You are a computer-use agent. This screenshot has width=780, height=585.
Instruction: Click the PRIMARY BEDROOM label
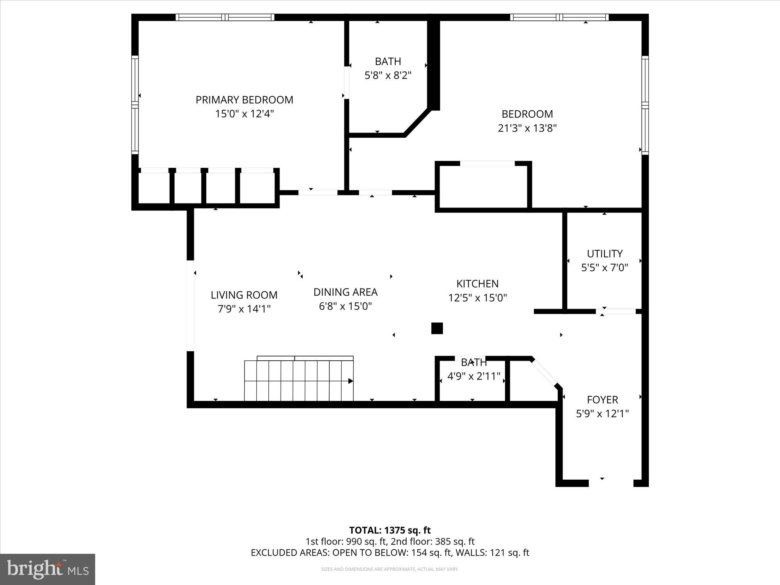[x=244, y=100]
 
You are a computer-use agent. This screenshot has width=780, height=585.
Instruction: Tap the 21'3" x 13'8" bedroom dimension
[x=527, y=128]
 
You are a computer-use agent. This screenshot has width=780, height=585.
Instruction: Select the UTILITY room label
[x=604, y=253]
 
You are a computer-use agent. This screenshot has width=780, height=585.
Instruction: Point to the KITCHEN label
[x=477, y=284]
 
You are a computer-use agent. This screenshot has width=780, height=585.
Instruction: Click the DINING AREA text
[x=346, y=292]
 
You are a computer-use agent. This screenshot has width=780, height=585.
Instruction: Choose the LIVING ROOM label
[x=244, y=295]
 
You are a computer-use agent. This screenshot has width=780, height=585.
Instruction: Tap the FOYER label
[x=603, y=400]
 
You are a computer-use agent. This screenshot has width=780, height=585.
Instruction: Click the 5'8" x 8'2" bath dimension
[x=388, y=75]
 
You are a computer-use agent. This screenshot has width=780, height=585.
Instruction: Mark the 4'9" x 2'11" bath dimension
[x=474, y=376]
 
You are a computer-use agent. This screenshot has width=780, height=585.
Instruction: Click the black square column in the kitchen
[x=437, y=328]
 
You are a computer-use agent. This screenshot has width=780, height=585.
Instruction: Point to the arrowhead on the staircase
[x=351, y=381]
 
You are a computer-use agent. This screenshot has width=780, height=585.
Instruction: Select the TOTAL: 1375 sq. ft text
[x=390, y=530]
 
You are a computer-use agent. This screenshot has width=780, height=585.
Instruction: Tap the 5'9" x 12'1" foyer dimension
[x=603, y=413]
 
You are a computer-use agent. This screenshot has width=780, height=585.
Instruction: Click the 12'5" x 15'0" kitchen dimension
[x=477, y=298]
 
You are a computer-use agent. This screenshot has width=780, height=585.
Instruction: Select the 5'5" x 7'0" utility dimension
[x=604, y=268]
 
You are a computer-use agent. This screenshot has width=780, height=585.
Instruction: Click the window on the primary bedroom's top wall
[x=225, y=17]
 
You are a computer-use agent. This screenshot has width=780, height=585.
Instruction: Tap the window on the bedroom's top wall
[x=560, y=17]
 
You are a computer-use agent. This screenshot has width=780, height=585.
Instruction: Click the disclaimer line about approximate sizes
[x=390, y=569]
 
